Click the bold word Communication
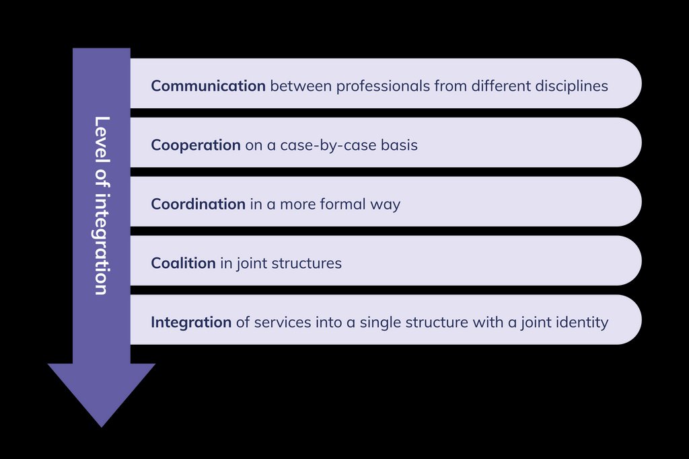click(208, 86)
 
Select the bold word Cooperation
click(196, 145)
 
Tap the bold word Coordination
click(198, 204)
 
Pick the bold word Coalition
click(183, 263)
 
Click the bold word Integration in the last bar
click(191, 323)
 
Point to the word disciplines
click(574, 86)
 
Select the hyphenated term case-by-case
click(324, 145)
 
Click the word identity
click(581, 323)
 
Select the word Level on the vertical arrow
click(102, 134)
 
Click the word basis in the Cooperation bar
click(399, 145)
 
